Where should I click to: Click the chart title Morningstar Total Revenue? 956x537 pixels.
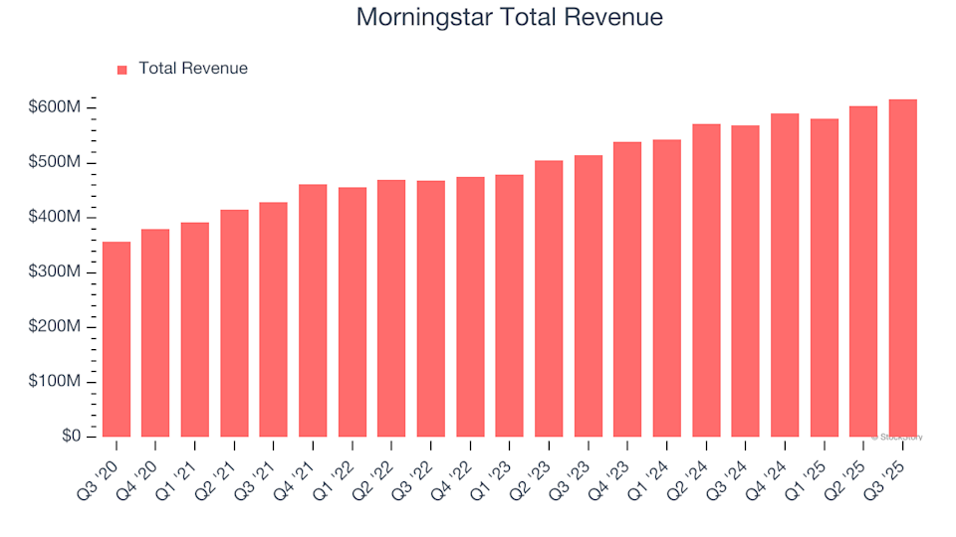coord(509,18)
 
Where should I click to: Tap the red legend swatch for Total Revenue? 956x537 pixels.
coord(122,70)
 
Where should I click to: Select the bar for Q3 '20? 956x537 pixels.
coord(117,339)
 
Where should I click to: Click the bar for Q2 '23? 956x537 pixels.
coord(549,298)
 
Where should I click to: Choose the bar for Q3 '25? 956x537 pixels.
coord(902,268)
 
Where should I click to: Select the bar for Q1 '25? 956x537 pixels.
coord(824,277)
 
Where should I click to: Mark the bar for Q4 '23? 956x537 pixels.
coord(627,289)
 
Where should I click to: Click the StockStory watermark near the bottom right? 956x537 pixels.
coord(897,437)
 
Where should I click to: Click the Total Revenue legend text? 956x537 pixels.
coord(193,69)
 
